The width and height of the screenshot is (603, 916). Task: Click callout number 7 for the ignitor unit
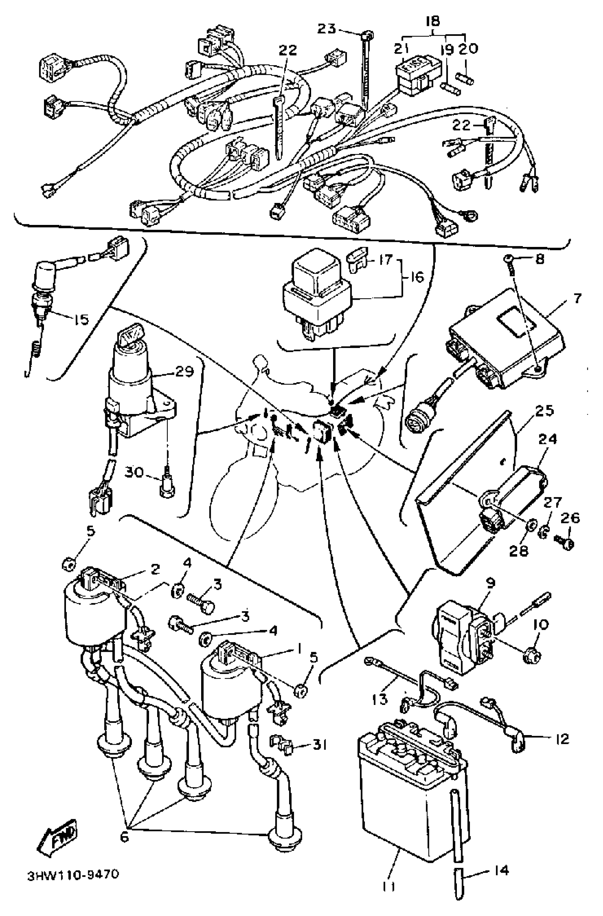coord(577,298)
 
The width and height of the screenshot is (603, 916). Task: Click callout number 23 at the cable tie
coord(327,28)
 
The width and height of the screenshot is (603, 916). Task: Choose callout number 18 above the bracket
coord(433,20)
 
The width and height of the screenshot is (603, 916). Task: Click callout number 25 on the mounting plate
coord(544,411)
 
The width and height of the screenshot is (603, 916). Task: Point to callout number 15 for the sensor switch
coord(81,319)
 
